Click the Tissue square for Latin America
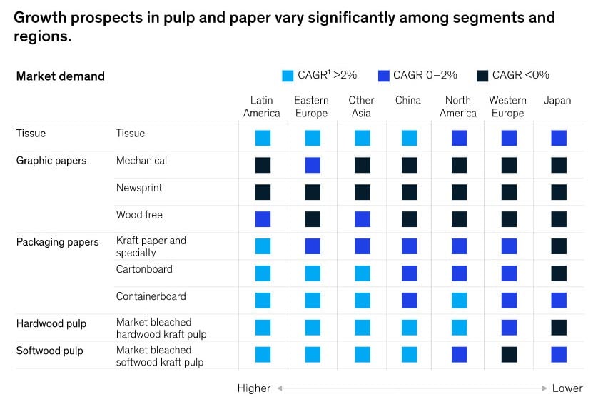263,138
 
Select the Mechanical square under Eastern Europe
313,165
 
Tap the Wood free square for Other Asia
363,219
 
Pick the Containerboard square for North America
459,300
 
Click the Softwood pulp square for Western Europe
509,354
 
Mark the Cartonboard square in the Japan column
559,273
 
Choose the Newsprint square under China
409,192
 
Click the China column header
408,101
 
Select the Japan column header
557,101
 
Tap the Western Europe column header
507,106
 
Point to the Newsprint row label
139,188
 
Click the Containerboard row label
151,296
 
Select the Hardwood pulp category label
51,323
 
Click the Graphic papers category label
51,161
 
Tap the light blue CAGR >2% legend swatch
288,76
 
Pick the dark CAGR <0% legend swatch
482,76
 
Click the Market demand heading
61,76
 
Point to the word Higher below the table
254,388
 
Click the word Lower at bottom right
567,388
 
